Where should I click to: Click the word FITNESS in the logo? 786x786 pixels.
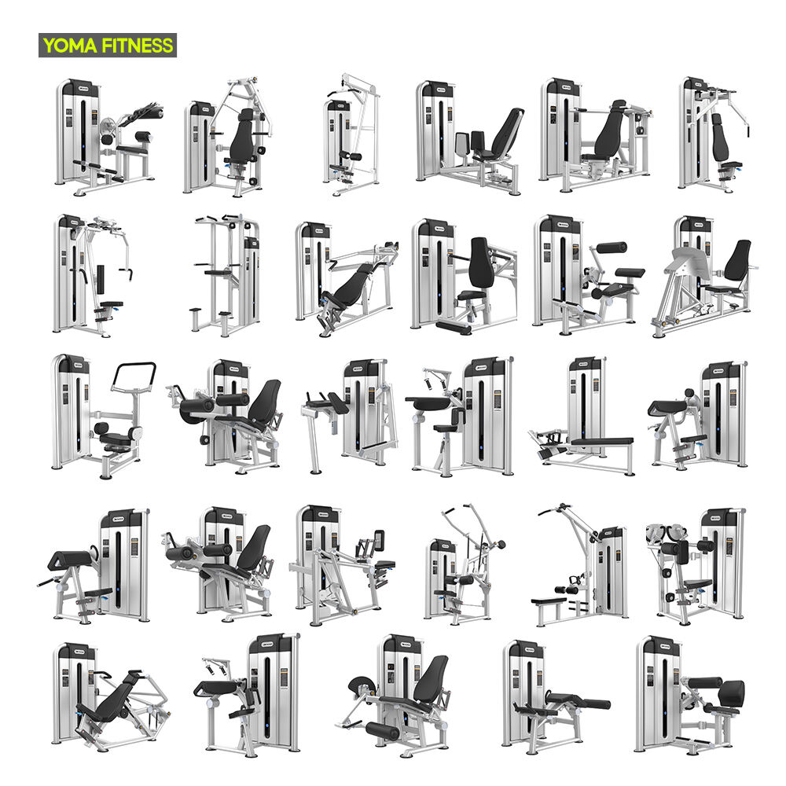click(138, 46)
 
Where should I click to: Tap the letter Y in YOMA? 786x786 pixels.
click(49, 46)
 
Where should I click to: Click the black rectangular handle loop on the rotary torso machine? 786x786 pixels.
click(134, 376)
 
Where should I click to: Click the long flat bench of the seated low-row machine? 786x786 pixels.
click(601, 442)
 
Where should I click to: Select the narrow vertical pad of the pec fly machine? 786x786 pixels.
click(101, 279)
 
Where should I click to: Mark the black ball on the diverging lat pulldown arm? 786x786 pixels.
click(501, 545)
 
